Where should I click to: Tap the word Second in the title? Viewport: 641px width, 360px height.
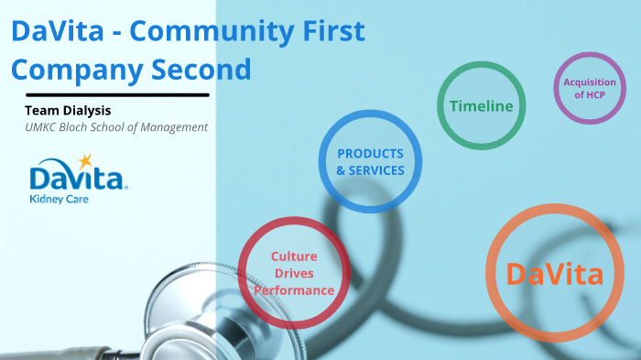point(205,70)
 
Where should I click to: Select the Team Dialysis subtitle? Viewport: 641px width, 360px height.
point(68,111)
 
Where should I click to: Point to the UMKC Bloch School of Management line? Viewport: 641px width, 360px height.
point(116,127)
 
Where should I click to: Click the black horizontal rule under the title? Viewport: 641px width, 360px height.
point(117,94)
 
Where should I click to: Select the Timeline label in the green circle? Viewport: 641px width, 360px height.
point(481,106)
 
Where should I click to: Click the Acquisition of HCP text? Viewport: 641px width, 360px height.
point(590,89)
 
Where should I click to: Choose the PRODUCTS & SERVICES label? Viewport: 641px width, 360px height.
point(370,161)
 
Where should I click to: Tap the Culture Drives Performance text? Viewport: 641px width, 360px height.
point(294,273)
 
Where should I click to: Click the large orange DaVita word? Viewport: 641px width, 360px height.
point(554,274)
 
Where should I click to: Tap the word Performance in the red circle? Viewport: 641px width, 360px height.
point(294,290)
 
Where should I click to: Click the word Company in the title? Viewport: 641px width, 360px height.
point(77,70)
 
